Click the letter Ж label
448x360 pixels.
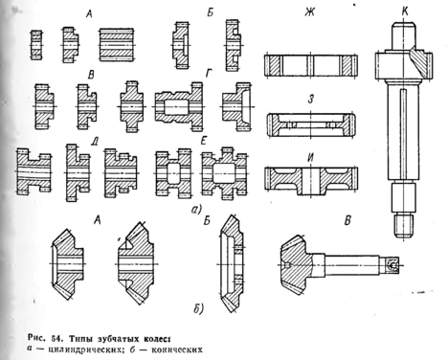click(x=310, y=12)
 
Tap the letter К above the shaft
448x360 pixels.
click(x=405, y=12)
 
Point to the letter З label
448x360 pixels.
click(x=311, y=100)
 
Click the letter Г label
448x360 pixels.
click(x=209, y=74)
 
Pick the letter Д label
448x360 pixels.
click(x=94, y=142)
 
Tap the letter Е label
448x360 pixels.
click(x=204, y=141)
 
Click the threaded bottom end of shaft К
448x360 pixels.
click(x=404, y=226)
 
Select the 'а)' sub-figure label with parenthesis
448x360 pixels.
click(x=196, y=210)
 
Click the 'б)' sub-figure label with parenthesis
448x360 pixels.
click(x=198, y=308)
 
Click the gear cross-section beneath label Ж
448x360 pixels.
click(x=310, y=65)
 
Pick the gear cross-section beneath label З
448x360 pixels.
click(x=311, y=125)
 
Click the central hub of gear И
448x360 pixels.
click(x=311, y=181)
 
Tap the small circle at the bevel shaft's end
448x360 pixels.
click(x=392, y=265)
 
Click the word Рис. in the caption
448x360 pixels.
click(x=35, y=338)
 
